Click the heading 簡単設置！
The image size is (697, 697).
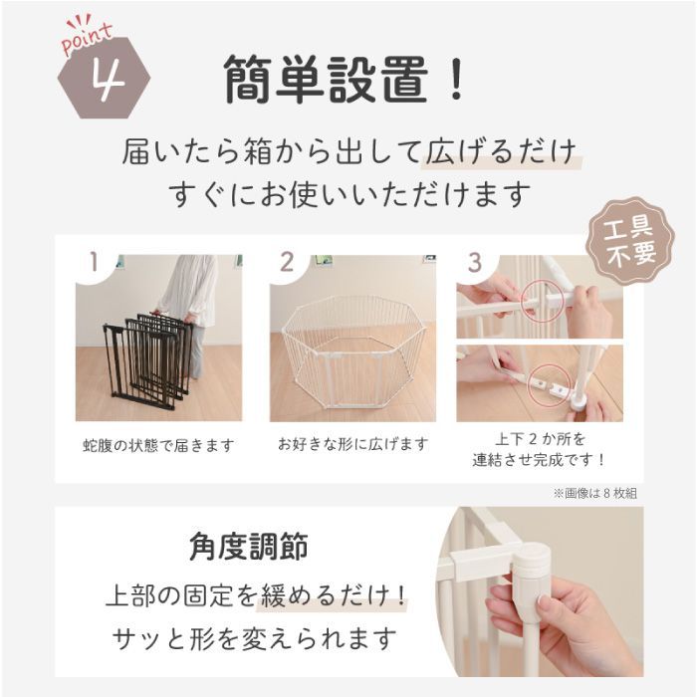[345, 79]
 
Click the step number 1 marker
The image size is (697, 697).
[94, 262]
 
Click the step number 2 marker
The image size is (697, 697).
[287, 262]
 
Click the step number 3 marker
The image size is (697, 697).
[475, 262]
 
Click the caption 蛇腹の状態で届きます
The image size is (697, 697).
[158, 445]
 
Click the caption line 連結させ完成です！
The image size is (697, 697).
[539, 460]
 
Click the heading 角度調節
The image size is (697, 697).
[248, 547]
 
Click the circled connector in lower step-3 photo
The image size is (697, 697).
[545, 380]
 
